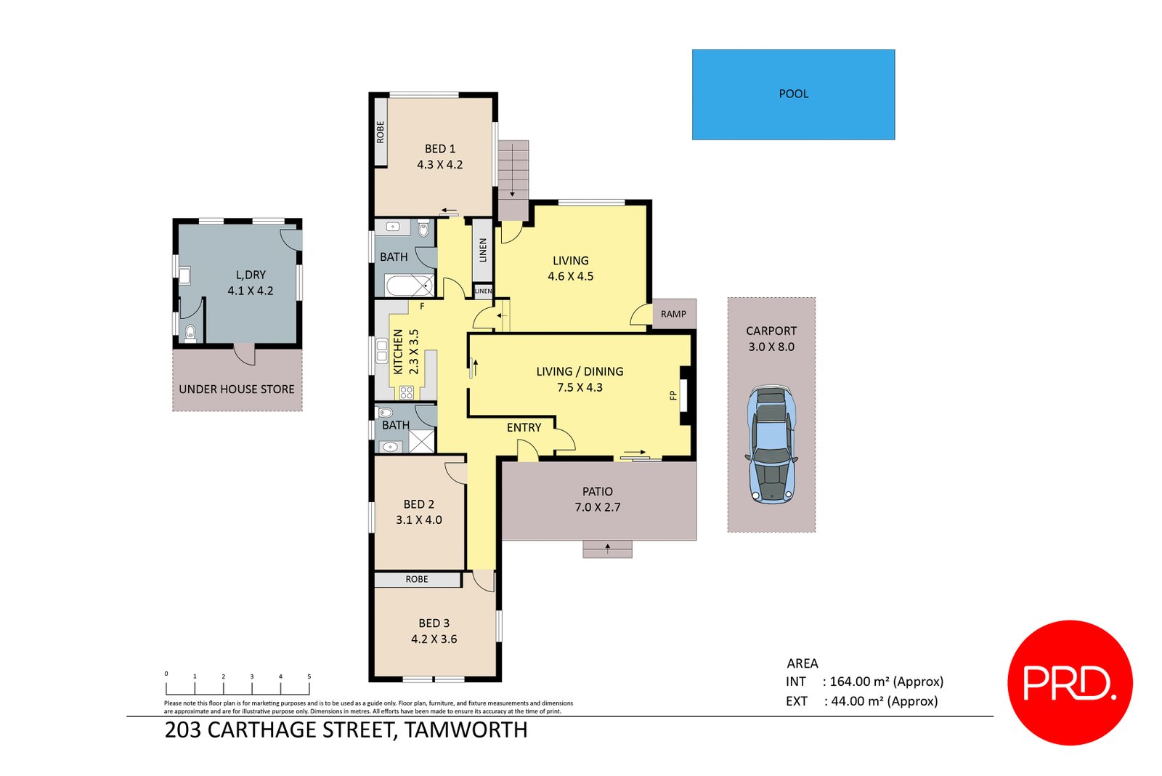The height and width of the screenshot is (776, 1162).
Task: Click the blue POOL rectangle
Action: click(793, 94)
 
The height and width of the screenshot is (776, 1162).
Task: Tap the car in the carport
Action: click(771, 445)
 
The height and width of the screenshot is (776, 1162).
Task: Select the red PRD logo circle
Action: click(1070, 682)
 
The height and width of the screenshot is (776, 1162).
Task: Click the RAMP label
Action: click(673, 314)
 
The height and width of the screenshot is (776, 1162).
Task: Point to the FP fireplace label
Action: click(673, 395)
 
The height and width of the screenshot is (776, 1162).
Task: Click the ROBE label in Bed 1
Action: click(381, 132)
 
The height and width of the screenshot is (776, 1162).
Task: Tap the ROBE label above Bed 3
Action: click(417, 579)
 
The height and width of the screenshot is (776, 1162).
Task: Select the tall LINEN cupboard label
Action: click(483, 250)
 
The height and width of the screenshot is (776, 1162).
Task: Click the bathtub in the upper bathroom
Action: click(409, 286)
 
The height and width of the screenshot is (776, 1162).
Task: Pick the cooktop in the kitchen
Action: click(407, 393)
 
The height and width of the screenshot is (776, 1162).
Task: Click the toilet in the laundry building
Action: click(190, 334)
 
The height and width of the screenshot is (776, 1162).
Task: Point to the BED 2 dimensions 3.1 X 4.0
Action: click(419, 520)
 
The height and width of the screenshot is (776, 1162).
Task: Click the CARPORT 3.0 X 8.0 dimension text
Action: click(771, 347)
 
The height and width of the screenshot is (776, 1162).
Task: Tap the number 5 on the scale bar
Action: click(309, 676)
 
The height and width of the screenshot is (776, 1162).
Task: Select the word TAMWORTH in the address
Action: click(466, 729)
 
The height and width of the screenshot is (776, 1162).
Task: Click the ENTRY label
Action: click(524, 427)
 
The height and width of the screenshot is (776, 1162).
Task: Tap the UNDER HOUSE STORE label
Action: click(237, 389)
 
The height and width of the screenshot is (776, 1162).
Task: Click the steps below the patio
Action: click(607, 549)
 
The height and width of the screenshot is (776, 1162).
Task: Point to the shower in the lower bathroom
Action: click(421, 441)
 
